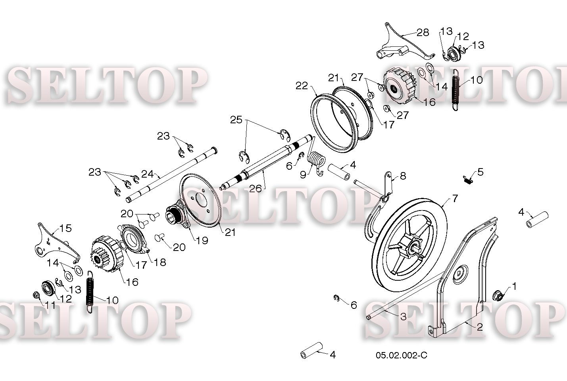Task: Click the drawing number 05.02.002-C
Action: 401,355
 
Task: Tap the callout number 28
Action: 423,33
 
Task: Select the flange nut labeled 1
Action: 498,295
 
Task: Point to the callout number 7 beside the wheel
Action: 455,198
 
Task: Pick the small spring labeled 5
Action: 468,180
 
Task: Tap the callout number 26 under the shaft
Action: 255,188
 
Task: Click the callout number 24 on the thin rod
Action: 148,174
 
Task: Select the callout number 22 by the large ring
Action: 302,86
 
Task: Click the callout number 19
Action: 202,241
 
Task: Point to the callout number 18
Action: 160,262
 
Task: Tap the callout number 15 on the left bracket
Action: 65,228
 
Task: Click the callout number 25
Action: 236,120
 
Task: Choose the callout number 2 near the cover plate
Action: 480,327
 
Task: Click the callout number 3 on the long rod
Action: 403,316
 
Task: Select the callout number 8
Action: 403,176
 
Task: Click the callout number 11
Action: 50,306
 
